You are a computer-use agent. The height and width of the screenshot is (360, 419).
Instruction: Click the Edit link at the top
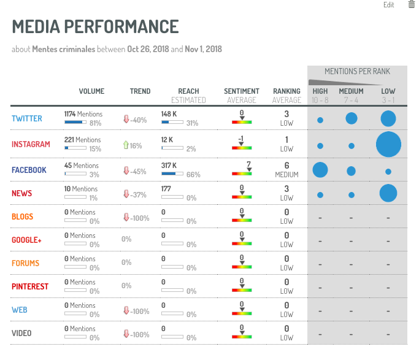(x=388, y=5)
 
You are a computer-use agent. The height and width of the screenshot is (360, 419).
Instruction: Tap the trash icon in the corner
(x=411, y=4)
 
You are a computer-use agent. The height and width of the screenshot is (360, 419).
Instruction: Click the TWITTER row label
(x=26, y=118)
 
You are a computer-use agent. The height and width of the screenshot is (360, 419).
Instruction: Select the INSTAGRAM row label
(x=31, y=145)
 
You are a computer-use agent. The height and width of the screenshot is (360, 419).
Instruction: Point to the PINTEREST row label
(x=30, y=286)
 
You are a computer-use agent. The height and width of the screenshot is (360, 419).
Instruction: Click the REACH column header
(x=188, y=91)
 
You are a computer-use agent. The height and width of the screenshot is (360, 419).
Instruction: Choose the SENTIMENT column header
(x=241, y=91)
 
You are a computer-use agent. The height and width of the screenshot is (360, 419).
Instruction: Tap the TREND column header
(x=140, y=91)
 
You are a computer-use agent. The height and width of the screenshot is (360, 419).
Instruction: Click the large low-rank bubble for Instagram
(x=388, y=145)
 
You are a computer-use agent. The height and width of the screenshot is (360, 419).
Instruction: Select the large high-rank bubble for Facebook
(x=320, y=170)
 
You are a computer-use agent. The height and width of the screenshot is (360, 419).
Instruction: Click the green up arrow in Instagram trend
(x=125, y=145)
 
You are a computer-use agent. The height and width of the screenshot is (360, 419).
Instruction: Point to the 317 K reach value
(x=169, y=166)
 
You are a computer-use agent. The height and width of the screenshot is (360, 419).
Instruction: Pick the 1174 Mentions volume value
(x=83, y=114)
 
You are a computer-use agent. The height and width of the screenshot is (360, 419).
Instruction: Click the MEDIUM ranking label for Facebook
(x=286, y=175)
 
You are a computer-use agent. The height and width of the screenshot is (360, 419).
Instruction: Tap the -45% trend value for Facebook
(x=138, y=171)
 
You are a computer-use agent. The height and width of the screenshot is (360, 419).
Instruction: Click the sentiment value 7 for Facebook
(x=248, y=164)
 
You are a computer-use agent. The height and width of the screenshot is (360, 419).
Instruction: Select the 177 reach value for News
(x=166, y=189)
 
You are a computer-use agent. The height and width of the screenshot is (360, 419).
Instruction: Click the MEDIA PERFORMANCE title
(x=95, y=27)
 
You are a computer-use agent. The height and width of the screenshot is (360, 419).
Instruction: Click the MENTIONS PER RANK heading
(x=357, y=72)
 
